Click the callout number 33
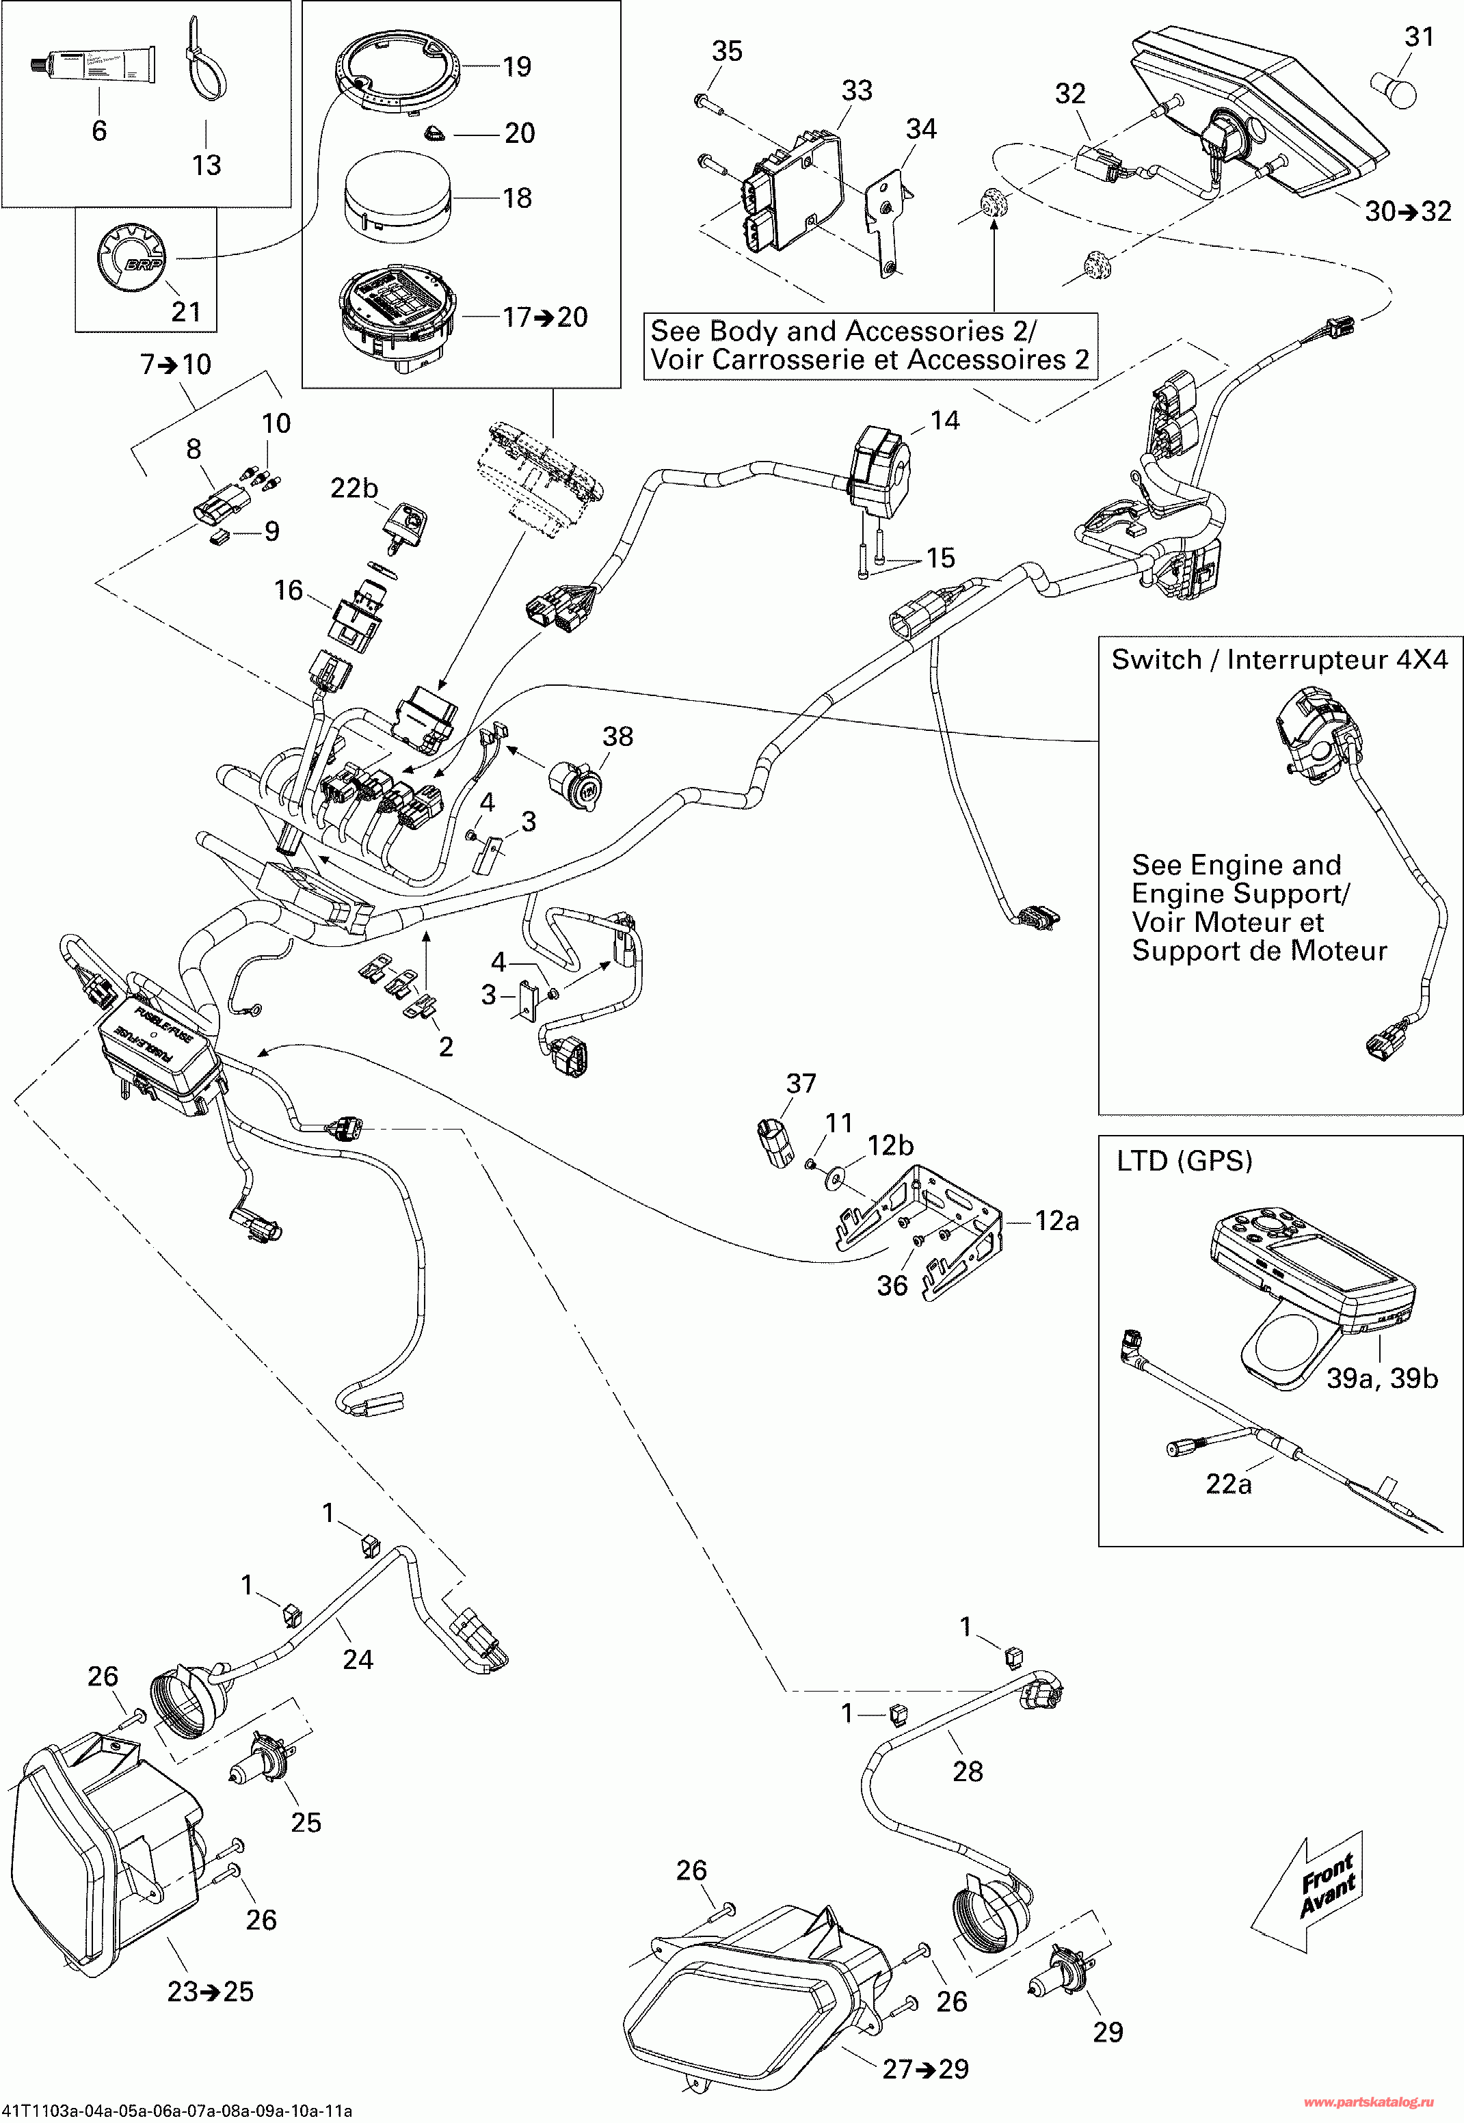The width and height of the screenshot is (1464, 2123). pyautogui.click(x=857, y=91)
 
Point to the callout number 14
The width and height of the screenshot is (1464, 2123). pyautogui.click(x=945, y=421)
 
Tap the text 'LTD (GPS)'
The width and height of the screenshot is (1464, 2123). pyautogui.click(x=1184, y=1161)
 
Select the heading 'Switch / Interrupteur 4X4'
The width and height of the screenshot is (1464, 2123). pyautogui.click(x=1279, y=659)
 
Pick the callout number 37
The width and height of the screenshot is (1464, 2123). pyautogui.click(x=801, y=1084)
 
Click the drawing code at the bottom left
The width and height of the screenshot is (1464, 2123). pyautogui.click(x=176, y=2111)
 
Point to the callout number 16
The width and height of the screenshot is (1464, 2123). pyautogui.click(x=288, y=591)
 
